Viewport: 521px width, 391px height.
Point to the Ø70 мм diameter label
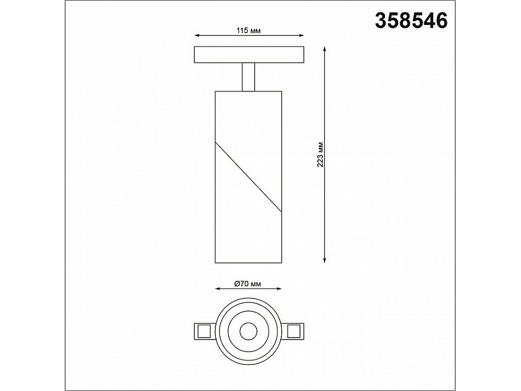coord(248,284)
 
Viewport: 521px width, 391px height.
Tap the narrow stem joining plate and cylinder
coord(248,76)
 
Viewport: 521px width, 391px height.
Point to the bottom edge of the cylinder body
coord(248,261)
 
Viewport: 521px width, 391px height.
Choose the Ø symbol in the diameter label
coord(237,284)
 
